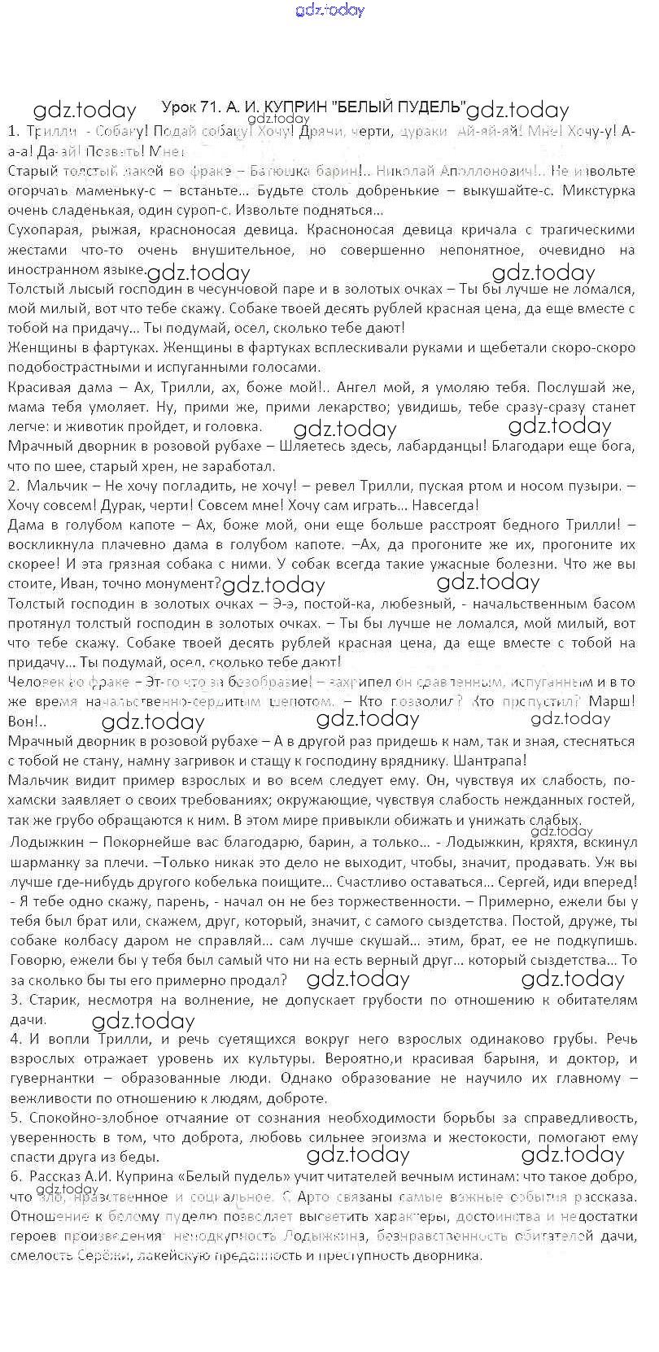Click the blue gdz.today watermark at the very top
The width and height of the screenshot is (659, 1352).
tap(330, 11)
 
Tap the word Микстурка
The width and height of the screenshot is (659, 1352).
tap(594, 190)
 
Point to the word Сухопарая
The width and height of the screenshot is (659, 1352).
tap(44, 230)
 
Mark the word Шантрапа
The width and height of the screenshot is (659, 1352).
tap(485, 760)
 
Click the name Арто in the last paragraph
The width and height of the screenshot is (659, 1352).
tap(318, 1196)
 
